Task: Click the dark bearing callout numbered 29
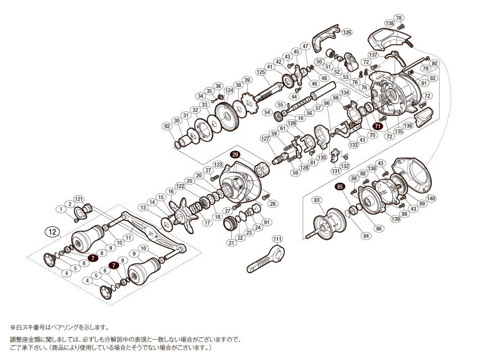coord(235,155)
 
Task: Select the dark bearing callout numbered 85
coord(341,187)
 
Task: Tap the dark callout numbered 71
coord(378,125)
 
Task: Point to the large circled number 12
coord(53,232)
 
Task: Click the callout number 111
coord(277,239)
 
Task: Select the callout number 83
coord(317,200)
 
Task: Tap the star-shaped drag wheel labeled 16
coord(183,215)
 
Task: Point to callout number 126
coord(347,32)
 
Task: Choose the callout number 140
coord(431,198)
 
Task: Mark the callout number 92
coord(167,126)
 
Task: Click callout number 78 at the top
coord(399,18)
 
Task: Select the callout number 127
coord(265,139)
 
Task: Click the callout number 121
coord(78,199)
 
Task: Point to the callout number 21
coord(231,243)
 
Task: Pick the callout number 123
coord(218,165)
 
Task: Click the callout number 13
coord(143,207)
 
